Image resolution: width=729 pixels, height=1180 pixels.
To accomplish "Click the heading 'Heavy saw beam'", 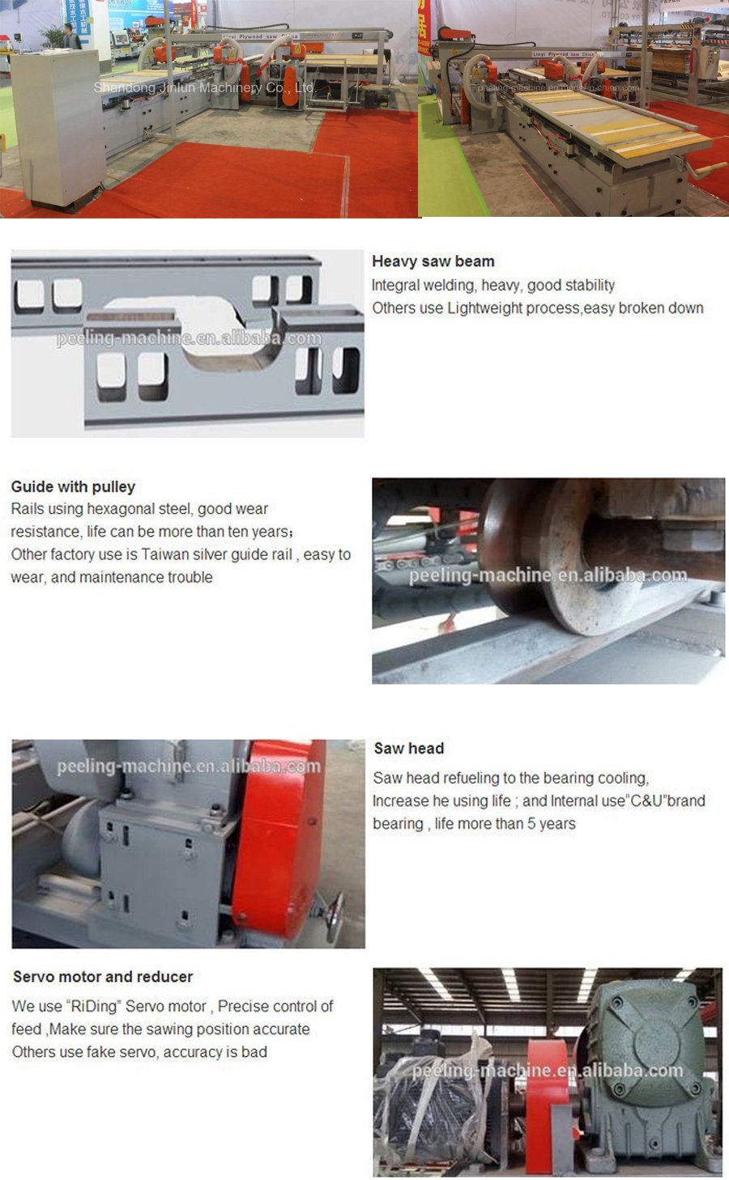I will pyautogui.click(x=433, y=261).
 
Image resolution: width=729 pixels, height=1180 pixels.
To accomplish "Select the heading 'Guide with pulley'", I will pyautogui.click(x=73, y=486).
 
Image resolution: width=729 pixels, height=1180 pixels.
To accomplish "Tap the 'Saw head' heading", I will pyautogui.click(x=408, y=749).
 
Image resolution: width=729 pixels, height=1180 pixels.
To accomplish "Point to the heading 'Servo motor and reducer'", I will pyautogui.click(x=103, y=977).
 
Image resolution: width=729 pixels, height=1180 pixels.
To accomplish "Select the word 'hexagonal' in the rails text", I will pyautogui.click(x=139, y=509).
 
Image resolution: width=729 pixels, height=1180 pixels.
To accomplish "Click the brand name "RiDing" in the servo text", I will pyautogui.click(x=93, y=1007).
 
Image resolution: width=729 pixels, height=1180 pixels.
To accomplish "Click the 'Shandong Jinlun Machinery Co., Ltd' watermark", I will pyautogui.click(x=203, y=87).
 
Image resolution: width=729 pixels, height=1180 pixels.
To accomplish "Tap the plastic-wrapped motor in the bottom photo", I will pyautogui.click(x=429, y=1109).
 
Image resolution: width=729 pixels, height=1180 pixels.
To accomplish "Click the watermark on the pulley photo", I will pyautogui.click(x=548, y=575).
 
